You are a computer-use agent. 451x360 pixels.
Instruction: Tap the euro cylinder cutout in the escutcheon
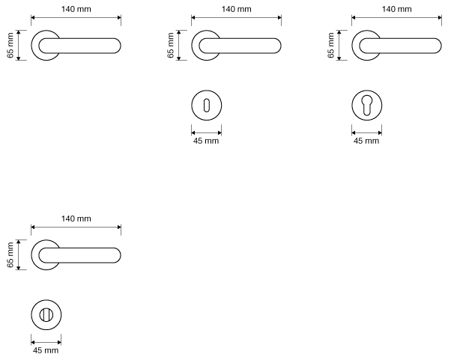[x=366, y=106]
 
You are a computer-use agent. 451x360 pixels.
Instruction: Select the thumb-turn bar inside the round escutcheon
[x=46, y=314]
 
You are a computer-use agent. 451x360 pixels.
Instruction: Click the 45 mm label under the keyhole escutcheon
[x=207, y=141]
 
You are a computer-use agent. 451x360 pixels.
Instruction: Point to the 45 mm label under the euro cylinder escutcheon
[x=366, y=141]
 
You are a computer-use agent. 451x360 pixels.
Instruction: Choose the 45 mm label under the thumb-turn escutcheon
[x=46, y=350]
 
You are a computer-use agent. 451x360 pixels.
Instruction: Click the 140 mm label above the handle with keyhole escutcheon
[x=237, y=9]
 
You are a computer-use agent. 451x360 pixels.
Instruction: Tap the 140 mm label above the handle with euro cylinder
[x=397, y=9]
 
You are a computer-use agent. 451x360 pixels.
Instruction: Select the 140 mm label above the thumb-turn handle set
[x=76, y=219]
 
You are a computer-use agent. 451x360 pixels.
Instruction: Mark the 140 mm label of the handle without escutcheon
[x=76, y=9]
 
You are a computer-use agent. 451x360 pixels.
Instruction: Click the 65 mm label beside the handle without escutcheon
[x=10, y=45]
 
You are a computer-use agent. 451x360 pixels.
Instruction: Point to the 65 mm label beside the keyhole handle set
[x=171, y=45]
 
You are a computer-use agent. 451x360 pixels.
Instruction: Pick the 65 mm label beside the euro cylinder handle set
[x=331, y=45]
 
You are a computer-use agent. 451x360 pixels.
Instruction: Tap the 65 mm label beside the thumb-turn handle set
[x=10, y=254]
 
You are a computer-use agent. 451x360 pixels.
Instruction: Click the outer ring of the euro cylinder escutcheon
[x=355, y=106]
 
